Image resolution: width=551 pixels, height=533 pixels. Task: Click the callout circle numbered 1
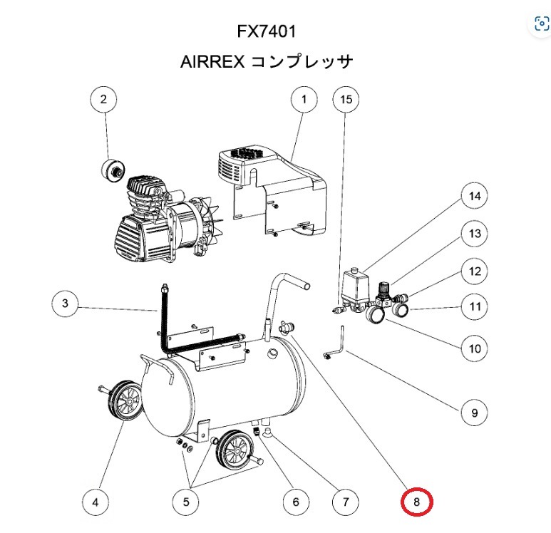coord(304,100)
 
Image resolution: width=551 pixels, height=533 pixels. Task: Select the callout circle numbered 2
coord(104,100)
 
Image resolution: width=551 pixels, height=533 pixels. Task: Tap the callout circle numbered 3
coord(66,306)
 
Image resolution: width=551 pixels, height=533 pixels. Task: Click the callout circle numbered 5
coord(187,502)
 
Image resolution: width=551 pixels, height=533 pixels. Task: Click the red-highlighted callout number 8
coord(416,502)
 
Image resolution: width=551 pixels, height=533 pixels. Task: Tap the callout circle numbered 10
coord(474,349)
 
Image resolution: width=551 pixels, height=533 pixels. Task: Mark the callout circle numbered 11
coord(474,308)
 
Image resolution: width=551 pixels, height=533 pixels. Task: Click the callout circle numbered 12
coord(474,271)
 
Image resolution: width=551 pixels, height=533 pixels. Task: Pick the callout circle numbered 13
coord(474,233)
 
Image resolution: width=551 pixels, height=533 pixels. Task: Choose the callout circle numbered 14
coord(474,195)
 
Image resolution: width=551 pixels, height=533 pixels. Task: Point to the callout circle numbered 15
coord(346,100)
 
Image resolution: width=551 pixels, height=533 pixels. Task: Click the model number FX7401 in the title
coord(266,32)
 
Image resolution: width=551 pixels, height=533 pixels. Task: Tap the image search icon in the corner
coord(541,25)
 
